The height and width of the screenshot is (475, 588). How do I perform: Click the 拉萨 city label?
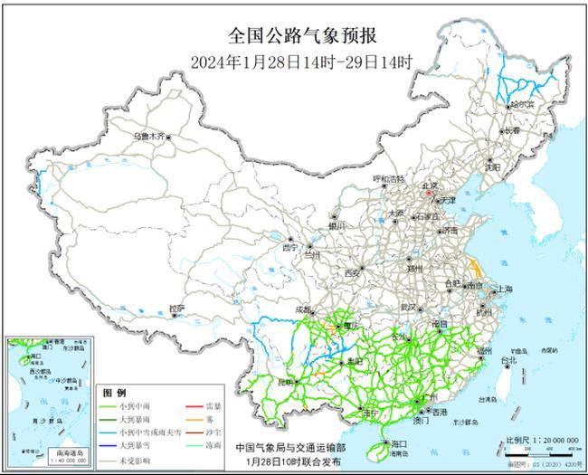click(177, 309)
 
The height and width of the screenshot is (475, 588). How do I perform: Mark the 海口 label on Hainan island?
click(399, 443)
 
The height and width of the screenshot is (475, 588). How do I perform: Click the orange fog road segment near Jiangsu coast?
click(475, 268)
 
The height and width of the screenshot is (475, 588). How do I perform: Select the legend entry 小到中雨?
click(132, 406)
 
